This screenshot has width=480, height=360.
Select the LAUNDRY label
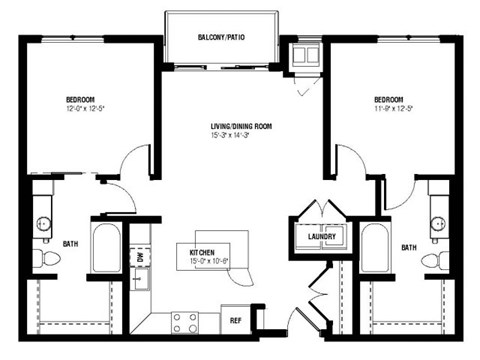322,236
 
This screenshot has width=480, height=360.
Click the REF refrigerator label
236,321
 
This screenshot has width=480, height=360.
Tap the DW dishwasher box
139,257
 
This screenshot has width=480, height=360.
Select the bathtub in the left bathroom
104,245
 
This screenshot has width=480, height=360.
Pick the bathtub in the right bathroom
376,247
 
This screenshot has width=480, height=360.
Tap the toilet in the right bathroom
435,259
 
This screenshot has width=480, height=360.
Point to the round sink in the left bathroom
44,222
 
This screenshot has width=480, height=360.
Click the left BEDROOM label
80,99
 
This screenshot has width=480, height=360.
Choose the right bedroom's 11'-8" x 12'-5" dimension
388,108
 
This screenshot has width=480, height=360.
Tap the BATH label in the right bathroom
409,246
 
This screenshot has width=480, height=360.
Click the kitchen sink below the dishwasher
139,290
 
